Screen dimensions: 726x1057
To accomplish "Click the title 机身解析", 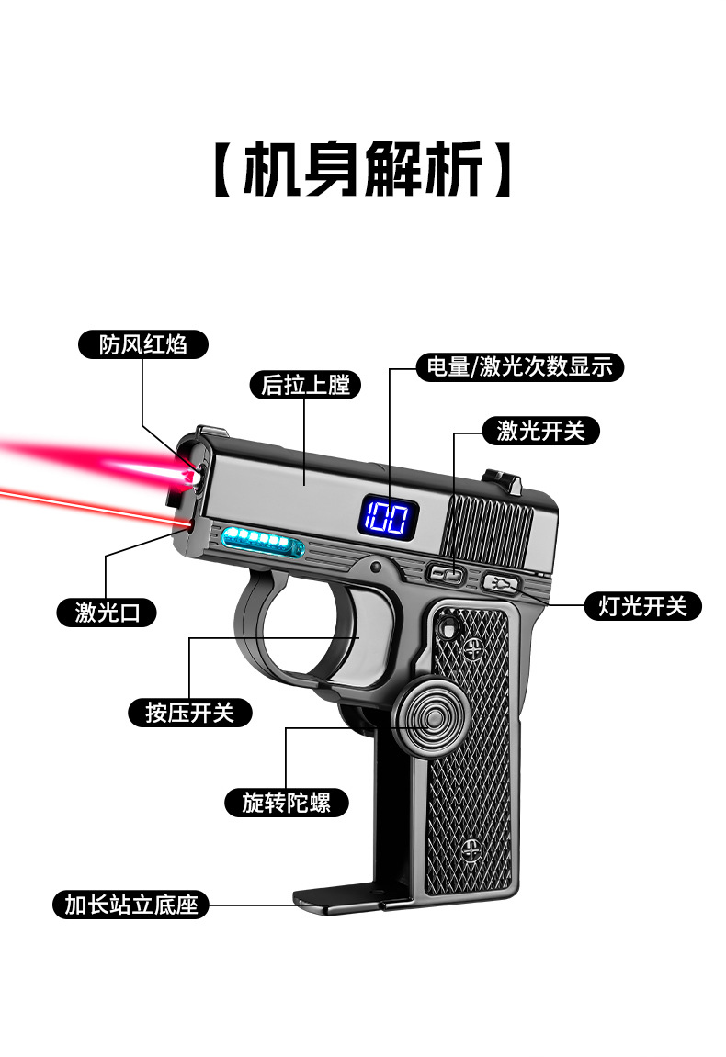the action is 362,169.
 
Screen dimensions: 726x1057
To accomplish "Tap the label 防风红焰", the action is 143,344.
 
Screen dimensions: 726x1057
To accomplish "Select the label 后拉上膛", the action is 305,385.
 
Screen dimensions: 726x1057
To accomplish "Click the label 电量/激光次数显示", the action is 519,366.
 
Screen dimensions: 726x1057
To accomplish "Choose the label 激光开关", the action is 540,431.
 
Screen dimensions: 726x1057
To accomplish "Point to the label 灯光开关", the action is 642,606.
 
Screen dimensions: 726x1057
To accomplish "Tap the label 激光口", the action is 107,613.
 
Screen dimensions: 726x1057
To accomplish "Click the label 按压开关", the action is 189,713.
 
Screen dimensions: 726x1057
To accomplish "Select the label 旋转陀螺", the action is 286,803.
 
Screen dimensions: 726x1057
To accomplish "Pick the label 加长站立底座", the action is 130,904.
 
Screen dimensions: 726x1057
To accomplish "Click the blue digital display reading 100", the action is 388,518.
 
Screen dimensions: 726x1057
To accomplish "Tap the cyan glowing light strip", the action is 262,541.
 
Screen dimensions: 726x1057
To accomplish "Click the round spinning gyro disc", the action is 427,719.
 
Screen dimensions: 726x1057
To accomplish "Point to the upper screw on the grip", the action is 473,647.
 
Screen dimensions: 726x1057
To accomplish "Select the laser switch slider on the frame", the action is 448,575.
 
